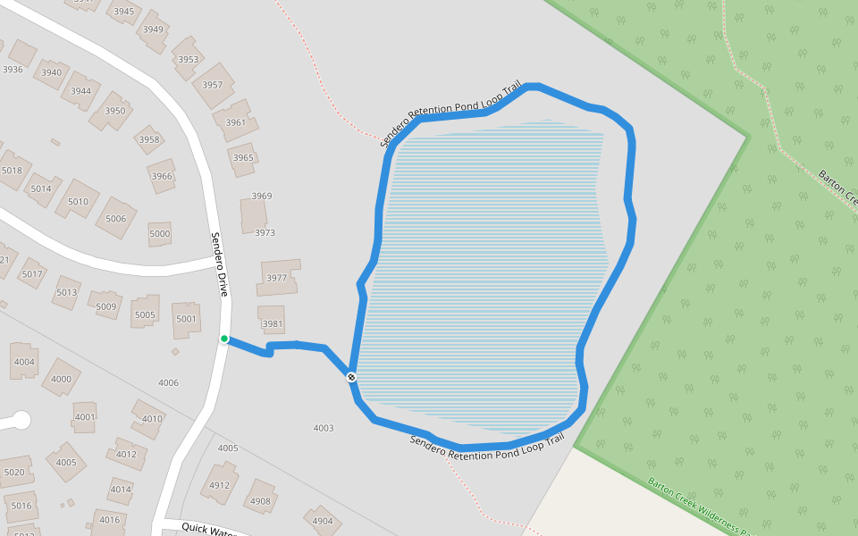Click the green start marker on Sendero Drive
pyautogui.click(x=224, y=339)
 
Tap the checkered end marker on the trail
pyautogui.click(x=352, y=377)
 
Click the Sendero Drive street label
pyautogui.click(x=220, y=264)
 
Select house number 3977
pyautogui.click(x=277, y=278)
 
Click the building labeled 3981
pyautogui.click(x=273, y=323)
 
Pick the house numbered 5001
pyautogui.click(x=186, y=319)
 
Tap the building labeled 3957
pyautogui.click(x=213, y=86)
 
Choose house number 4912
pyautogui.click(x=219, y=486)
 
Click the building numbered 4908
pyautogui.click(x=260, y=501)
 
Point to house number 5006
pyautogui.click(x=116, y=219)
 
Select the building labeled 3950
pyautogui.click(x=114, y=111)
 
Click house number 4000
pyautogui.click(x=61, y=379)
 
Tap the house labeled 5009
pyautogui.click(x=106, y=306)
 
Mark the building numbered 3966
pyautogui.click(x=162, y=176)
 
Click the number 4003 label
pyautogui.click(x=324, y=429)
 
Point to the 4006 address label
pyautogui.click(x=168, y=383)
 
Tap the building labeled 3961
pyautogui.click(x=236, y=122)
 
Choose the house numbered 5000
pyautogui.click(x=159, y=234)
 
